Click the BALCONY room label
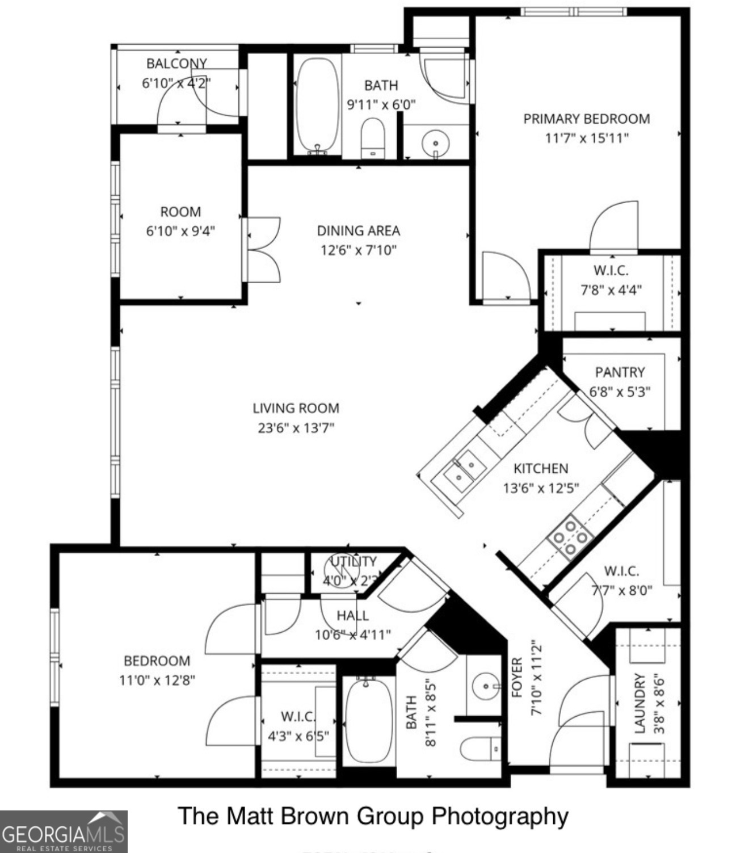click(176, 63)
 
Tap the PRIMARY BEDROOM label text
click(586, 119)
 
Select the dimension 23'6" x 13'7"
click(296, 427)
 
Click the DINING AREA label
click(358, 231)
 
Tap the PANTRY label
click(620, 372)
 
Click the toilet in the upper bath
click(373, 137)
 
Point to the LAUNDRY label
click(640, 704)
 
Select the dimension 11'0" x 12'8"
click(157, 679)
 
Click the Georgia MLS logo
click(63, 831)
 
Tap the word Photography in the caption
click(500, 816)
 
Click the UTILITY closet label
click(354, 561)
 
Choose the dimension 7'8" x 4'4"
click(611, 290)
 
